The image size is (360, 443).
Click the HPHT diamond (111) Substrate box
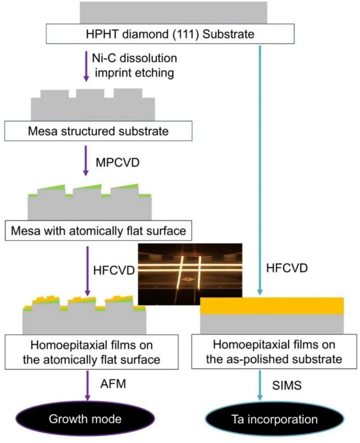tap(171, 35)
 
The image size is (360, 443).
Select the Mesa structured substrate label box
tap(98, 131)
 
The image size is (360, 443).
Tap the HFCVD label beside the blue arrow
tap(287, 268)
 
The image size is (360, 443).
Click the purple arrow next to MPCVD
tap(86, 160)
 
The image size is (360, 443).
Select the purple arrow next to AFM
tap(86, 385)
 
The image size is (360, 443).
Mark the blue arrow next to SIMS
tap(259, 385)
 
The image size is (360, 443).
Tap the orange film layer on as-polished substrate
tap(272, 306)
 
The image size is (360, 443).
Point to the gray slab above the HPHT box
tap(173, 11)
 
